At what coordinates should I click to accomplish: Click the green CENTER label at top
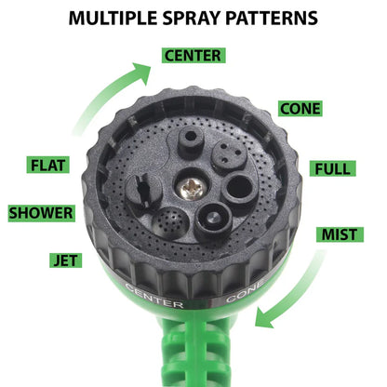193,56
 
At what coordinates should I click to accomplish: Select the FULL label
331,169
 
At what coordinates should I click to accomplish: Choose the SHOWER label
41,213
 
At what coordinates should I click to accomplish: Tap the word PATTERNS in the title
272,18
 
